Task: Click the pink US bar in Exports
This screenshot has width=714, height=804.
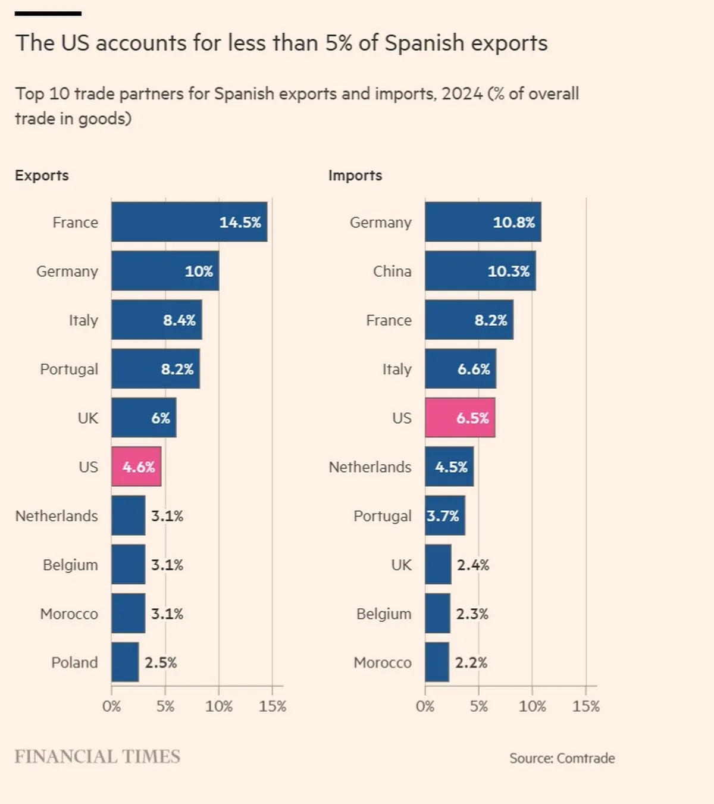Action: coord(136,467)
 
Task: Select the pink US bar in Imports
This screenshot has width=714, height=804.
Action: coord(460,418)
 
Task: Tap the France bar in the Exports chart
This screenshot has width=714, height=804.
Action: coord(189,222)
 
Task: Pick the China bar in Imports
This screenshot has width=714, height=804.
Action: coord(480,271)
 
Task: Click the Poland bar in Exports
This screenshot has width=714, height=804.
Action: coord(125,662)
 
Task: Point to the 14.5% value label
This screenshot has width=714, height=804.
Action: coord(240,223)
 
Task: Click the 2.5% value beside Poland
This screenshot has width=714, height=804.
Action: coord(161,662)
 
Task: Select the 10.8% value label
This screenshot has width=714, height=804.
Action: coord(513,223)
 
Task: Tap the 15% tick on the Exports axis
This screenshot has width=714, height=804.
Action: coord(273,706)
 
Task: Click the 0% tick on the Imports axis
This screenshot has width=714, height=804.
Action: coord(425,706)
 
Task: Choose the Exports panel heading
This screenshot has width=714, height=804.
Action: coord(42,176)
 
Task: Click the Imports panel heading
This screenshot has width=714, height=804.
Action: coord(355,176)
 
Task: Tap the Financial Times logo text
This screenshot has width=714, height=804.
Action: coord(98,756)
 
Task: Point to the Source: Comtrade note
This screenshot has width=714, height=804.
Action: coord(562,758)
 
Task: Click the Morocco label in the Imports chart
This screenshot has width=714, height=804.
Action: coord(383,662)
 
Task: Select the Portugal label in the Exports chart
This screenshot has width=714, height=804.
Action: coord(69,369)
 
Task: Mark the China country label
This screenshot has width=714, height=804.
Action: coord(392,271)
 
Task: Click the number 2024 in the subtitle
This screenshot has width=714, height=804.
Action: coord(462,94)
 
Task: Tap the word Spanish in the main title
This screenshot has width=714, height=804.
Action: coord(424,43)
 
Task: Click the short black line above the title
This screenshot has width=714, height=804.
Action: coord(48,13)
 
